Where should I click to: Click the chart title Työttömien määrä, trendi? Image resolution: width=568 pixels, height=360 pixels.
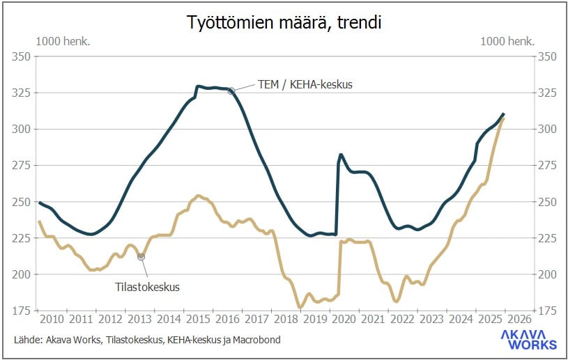284,22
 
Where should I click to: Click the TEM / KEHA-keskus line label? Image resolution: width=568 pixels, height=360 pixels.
305,84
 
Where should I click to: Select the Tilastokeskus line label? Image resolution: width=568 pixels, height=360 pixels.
147,286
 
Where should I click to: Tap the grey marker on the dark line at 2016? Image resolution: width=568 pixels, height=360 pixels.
231,91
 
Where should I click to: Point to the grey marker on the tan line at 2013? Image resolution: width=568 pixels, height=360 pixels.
141,257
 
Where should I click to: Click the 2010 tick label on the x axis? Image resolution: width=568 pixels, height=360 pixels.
52,319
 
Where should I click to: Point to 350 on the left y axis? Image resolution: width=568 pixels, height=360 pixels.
22,56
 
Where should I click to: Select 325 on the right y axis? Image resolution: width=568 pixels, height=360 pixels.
546,93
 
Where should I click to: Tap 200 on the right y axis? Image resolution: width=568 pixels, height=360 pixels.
546,274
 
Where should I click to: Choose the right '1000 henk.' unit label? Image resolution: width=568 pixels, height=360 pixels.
508,41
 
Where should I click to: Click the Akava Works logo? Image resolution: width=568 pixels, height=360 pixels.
529,339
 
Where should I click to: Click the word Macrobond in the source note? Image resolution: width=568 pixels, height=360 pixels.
256,340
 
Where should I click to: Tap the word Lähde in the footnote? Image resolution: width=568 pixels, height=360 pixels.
26,340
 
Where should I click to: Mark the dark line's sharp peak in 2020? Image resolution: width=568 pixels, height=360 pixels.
340,155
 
